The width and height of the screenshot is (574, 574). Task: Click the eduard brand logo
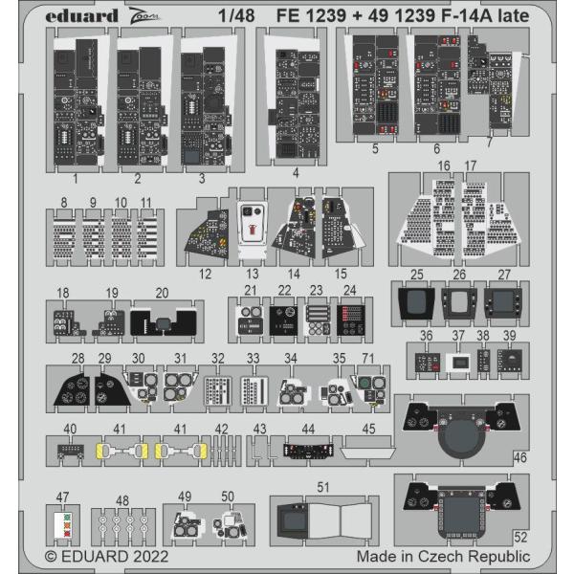coord(81,15)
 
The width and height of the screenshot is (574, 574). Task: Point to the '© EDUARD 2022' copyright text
coord(107,555)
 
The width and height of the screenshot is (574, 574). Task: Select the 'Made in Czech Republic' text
coord(443,555)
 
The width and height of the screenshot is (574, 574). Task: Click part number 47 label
coord(62,497)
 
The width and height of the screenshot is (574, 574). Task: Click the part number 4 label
coord(296,174)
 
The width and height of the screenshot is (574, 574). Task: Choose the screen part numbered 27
coord(504,304)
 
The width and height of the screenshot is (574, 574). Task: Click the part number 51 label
coord(323,487)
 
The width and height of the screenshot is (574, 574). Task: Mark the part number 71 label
coord(366,357)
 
